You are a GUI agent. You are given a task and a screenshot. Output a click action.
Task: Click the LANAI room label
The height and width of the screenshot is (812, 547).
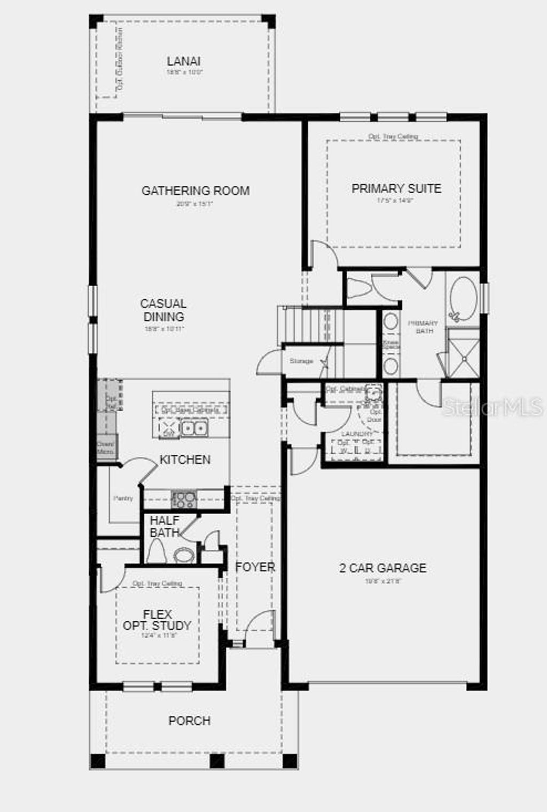point(183,61)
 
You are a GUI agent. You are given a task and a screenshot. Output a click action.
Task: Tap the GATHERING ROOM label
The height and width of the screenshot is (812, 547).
point(196,191)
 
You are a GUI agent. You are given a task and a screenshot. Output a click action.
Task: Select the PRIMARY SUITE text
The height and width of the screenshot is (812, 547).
point(396,188)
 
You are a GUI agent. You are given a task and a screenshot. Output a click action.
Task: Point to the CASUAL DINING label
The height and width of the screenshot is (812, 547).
point(163,310)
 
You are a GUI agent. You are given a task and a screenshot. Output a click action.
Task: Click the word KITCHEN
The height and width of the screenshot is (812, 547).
point(185,460)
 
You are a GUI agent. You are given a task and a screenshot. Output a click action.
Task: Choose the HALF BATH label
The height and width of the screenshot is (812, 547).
point(165,526)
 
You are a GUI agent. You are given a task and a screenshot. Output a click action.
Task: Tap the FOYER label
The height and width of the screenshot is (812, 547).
point(255,567)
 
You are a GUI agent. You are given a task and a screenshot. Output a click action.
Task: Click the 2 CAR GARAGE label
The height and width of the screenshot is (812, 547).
point(383,568)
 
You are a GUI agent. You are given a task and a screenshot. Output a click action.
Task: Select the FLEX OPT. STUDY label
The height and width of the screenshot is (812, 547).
point(157,620)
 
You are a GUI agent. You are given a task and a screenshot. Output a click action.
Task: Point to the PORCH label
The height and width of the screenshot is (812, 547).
point(190,721)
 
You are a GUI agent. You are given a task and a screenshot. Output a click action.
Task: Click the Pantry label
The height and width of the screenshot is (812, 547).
point(123,498)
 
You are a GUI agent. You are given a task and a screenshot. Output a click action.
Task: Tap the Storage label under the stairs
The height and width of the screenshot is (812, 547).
point(301,361)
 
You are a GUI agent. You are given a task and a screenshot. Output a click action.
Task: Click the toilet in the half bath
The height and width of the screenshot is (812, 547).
point(157,552)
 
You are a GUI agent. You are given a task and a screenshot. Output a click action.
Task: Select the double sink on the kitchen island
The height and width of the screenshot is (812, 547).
point(193,428)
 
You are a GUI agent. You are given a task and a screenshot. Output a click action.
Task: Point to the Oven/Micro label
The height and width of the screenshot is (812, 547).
point(106,447)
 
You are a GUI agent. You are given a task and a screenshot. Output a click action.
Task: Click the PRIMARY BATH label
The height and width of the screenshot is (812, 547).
point(423,327)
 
